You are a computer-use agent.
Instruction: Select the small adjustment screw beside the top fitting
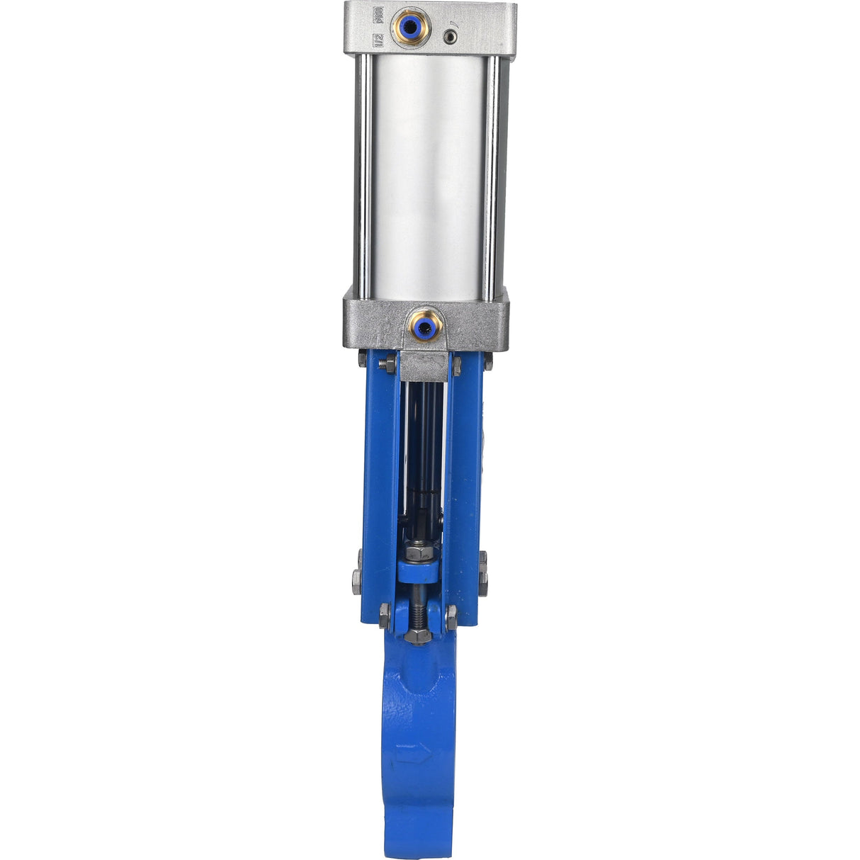coord(448,36)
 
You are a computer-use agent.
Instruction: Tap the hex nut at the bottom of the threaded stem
coord(419,635)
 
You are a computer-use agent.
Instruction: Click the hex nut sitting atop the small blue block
coord(419,550)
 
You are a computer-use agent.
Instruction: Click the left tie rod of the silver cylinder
coord(364,177)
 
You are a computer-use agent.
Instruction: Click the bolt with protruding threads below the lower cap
coord(387,363)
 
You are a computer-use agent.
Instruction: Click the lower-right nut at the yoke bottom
coord(451,615)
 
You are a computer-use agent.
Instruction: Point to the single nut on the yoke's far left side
coord(357,580)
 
